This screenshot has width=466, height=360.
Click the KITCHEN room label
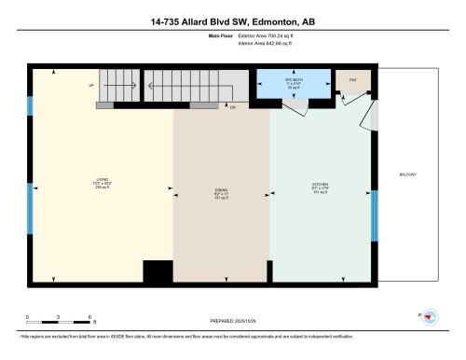(320, 184)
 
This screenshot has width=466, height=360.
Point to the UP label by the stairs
(91, 85)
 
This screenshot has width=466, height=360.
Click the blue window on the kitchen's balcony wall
(375, 215)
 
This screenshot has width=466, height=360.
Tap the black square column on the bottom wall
(158, 271)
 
